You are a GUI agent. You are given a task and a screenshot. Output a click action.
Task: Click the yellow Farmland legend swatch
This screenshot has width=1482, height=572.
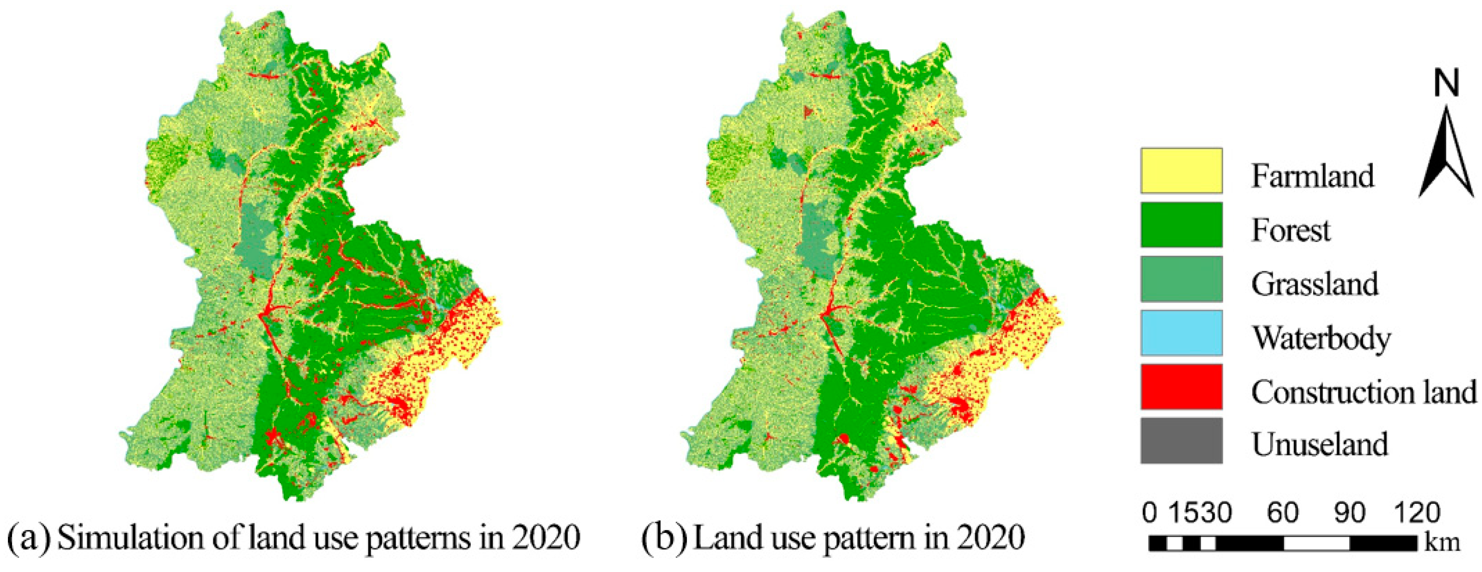coord(1182,171)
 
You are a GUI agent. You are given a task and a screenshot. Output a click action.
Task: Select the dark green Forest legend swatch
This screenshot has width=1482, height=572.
coord(1182,225)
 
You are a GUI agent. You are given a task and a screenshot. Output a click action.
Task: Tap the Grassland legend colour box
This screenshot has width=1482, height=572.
coord(1182,279)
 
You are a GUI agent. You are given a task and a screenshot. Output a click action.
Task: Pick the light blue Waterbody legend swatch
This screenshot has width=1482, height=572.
coord(1182,333)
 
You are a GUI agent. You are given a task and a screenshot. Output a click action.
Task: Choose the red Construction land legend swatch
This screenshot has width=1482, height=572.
coord(1182,387)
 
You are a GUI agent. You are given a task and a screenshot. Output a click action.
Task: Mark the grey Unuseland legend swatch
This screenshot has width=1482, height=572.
coord(1182,441)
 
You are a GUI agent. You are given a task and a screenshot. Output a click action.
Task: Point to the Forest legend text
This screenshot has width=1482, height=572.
coord(1291,230)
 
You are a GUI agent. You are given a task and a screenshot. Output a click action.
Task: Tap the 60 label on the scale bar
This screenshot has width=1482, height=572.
coord(1282,512)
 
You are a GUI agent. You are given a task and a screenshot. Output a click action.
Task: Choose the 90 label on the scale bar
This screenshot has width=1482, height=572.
coord(1349,512)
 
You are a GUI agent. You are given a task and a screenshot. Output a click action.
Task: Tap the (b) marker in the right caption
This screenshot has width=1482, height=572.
coord(665,537)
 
